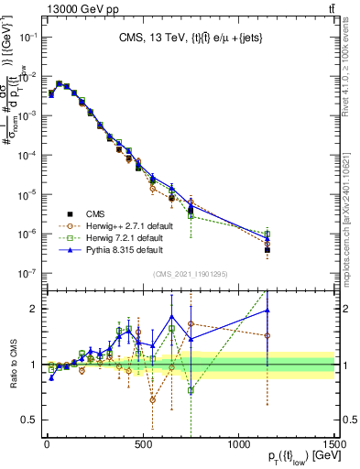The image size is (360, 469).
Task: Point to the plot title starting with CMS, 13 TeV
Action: tap(188, 38)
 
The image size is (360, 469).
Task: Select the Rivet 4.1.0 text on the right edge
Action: tap(352, 82)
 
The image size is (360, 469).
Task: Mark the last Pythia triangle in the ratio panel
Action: tap(267, 310)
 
